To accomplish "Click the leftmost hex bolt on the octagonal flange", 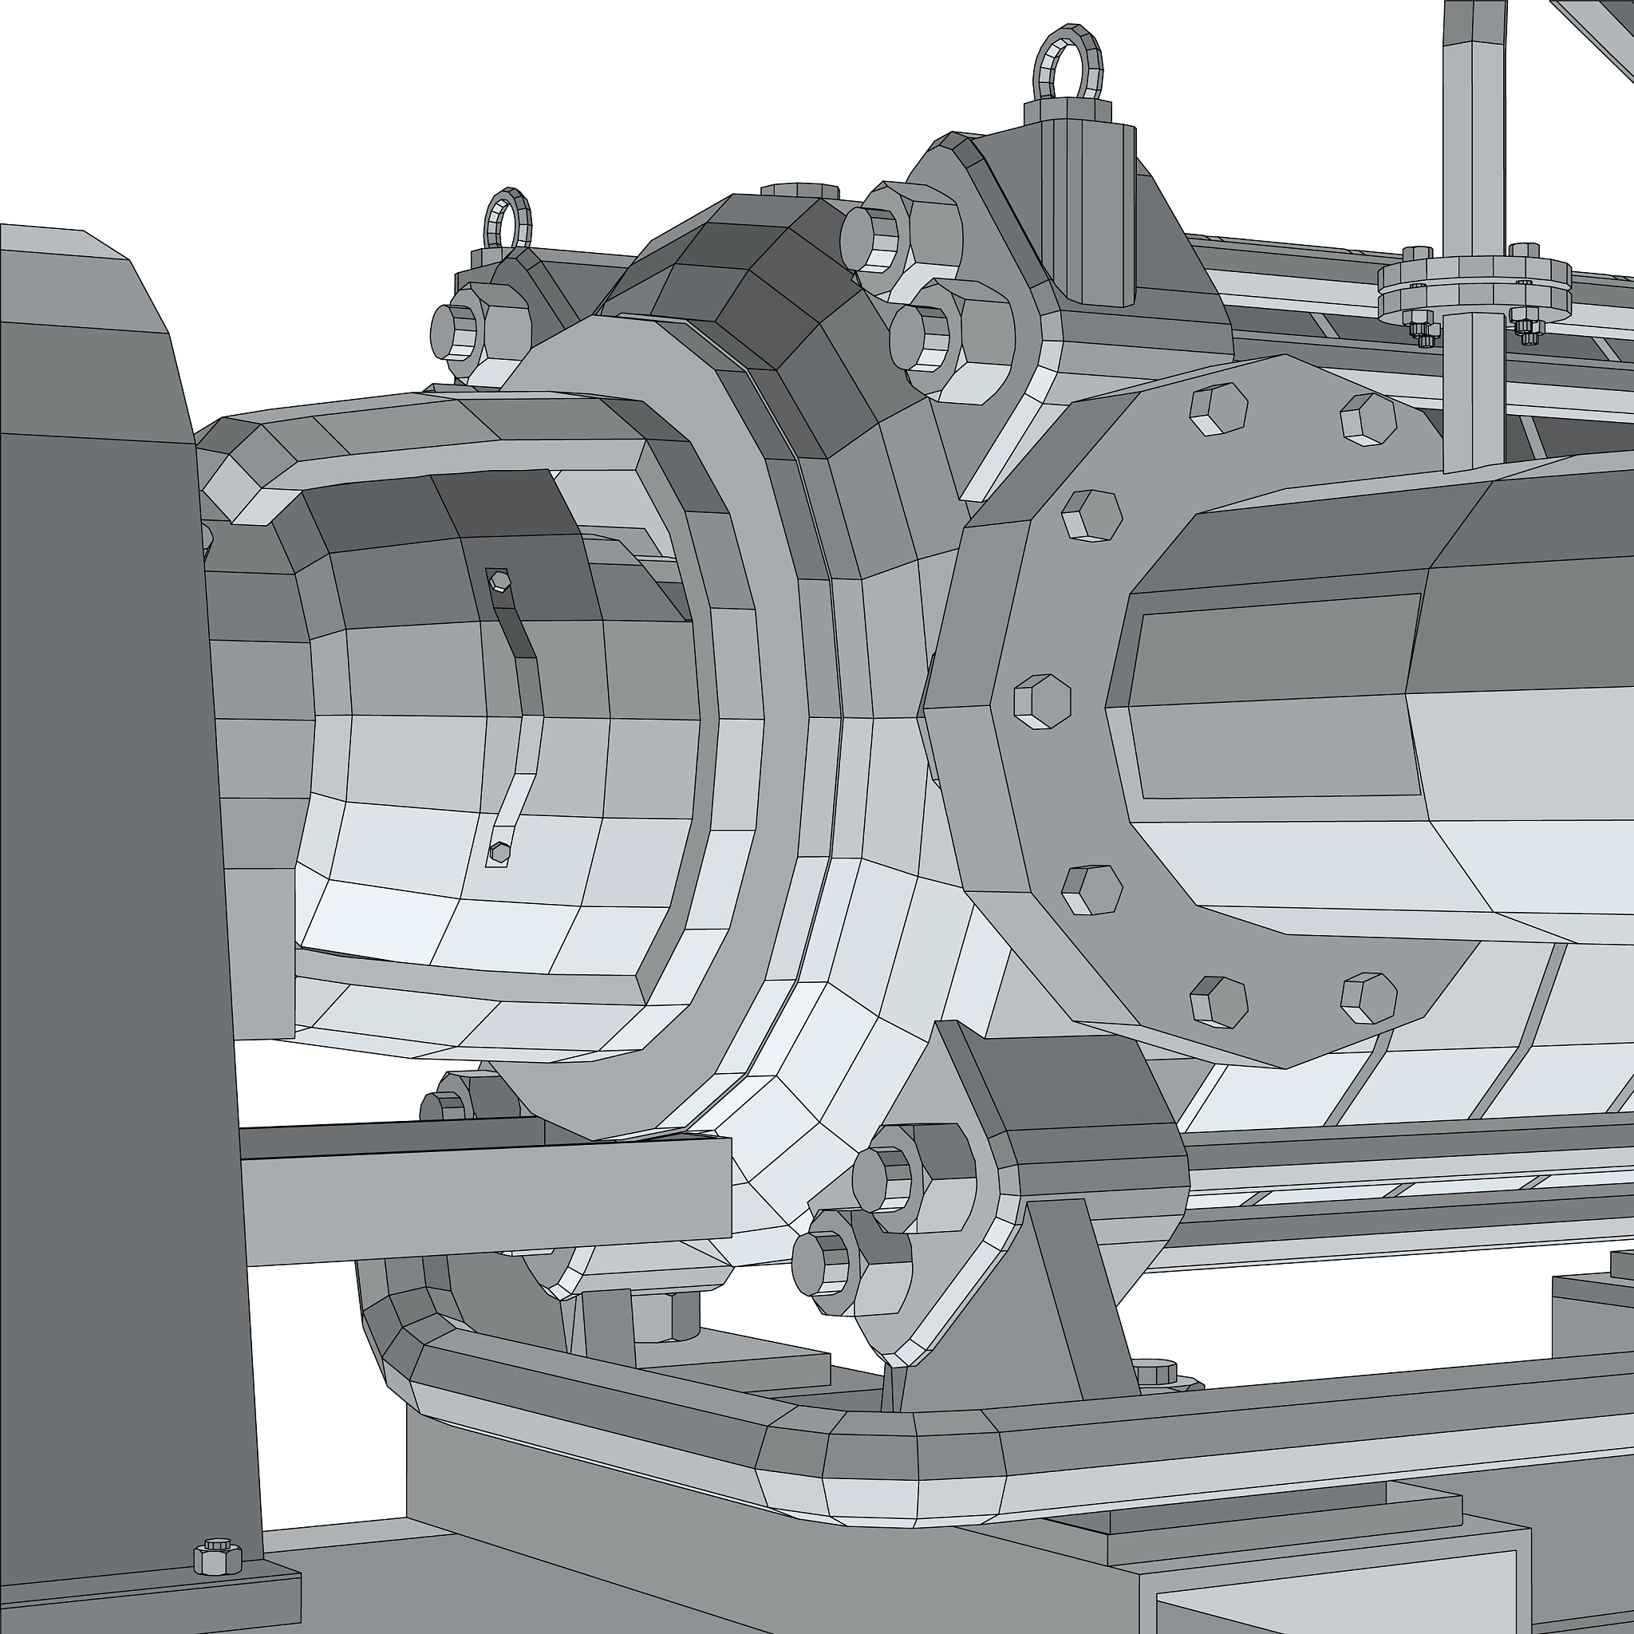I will pyautogui.click(x=1042, y=701).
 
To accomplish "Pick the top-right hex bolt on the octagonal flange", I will pyautogui.click(x=1368, y=419).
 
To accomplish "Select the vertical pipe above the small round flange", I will pyautogui.click(x=1471, y=127).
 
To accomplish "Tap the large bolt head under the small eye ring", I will pyautogui.click(x=457, y=330).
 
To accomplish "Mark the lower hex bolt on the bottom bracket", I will pyautogui.click(x=822, y=1264).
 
